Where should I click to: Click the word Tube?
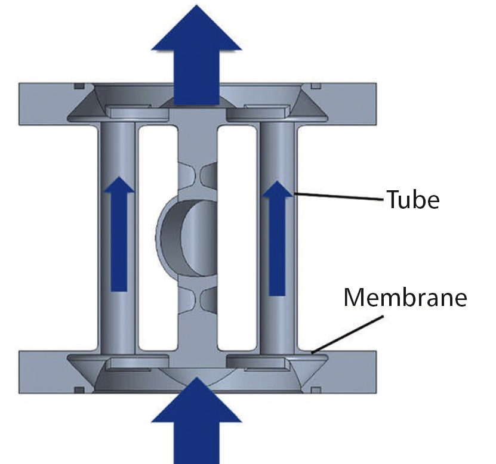(412, 200)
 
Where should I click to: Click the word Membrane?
(404, 296)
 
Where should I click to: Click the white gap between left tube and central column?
(158, 239)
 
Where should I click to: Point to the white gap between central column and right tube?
(237, 239)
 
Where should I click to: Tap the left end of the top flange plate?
(30, 104)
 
